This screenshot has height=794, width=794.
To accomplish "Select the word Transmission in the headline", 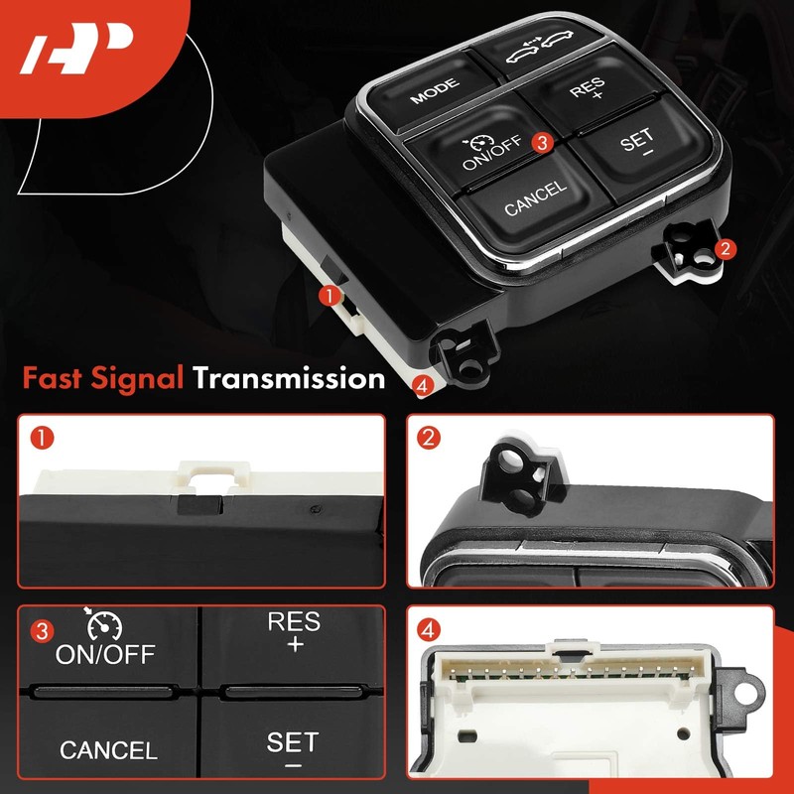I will pyautogui.click(x=289, y=377).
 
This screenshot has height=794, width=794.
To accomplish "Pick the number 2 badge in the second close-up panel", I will pyautogui.click(x=429, y=435).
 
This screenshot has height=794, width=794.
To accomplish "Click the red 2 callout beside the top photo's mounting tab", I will pyautogui.click(x=727, y=249).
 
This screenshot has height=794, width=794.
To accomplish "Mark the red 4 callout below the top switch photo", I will pyautogui.click(x=425, y=385).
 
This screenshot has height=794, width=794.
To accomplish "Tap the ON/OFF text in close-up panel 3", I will pyautogui.click(x=104, y=655).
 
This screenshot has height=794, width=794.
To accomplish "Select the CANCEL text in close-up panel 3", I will pyautogui.click(x=108, y=751).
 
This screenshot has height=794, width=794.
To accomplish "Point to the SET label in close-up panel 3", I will pyautogui.click(x=293, y=741).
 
